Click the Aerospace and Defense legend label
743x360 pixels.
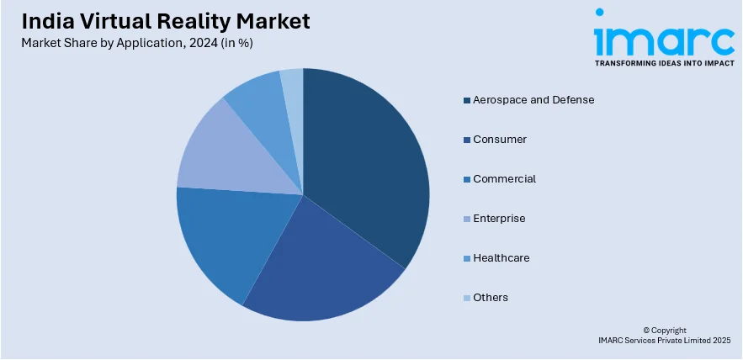tap(533, 100)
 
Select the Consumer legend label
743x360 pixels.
tap(500, 140)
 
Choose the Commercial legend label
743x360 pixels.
tap(504, 179)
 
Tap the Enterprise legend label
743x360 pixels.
tap(499, 219)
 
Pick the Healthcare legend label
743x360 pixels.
tap(502, 258)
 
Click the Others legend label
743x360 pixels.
tap(491, 298)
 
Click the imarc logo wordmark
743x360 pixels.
tap(663, 34)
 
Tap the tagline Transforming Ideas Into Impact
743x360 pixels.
tap(663, 63)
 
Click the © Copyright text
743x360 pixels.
tap(665, 331)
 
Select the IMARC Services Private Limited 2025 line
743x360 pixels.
tap(665, 341)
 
